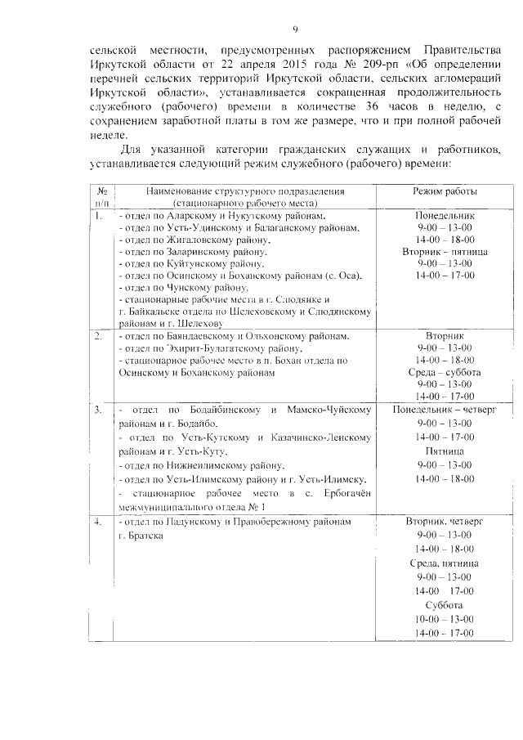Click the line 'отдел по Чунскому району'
point(184,288)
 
